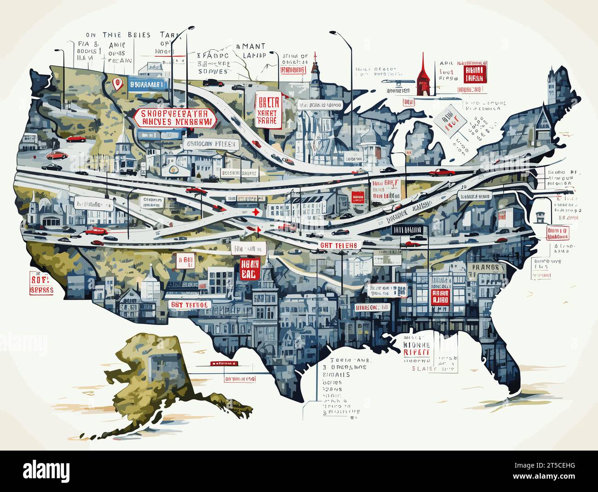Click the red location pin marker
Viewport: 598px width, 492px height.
118,84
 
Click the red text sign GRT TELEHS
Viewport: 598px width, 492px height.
339,245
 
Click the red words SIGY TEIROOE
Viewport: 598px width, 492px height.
189,305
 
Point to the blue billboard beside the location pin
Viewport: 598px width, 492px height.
146,84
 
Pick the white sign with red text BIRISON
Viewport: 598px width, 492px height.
372,307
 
